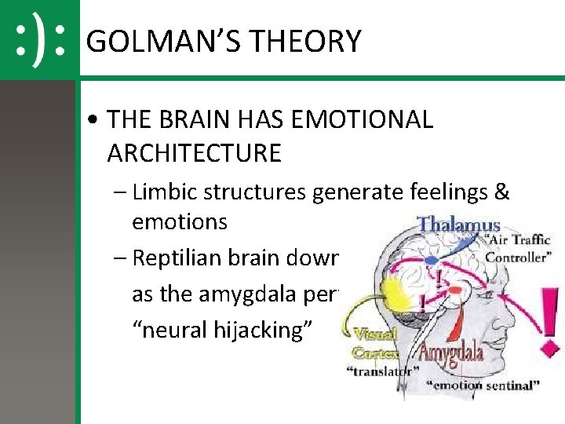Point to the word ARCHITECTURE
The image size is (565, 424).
194,152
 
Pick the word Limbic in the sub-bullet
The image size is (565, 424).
163,192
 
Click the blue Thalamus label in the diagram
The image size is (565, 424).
458,225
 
